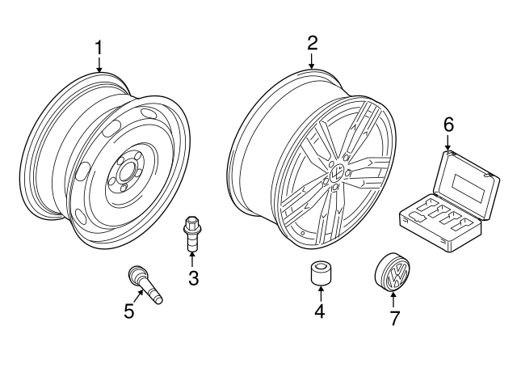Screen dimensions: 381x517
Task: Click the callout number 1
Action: pyautogui.click(x=99, y=48)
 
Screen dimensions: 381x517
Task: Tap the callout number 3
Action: pyautogui.click(x=192, y=279)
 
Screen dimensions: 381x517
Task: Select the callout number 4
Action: pyautogui.click(x=320, y=311)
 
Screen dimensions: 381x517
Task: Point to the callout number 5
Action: pyautogui.click(x=128, y=311)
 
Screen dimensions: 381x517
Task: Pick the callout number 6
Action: pyautogui.click(x=448, y=125)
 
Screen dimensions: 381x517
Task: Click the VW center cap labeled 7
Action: pyautogui.click(x=394, y=273)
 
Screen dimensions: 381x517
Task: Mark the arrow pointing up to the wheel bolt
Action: pyautogui.click(x=192, y=259)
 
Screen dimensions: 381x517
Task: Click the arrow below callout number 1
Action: pyautogui.click(x=99, y=65)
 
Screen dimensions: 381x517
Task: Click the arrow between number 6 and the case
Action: pyautogui.click(x=448, y=142)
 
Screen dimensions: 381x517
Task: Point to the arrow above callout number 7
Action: pyautogui.click(x=394, y=299)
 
